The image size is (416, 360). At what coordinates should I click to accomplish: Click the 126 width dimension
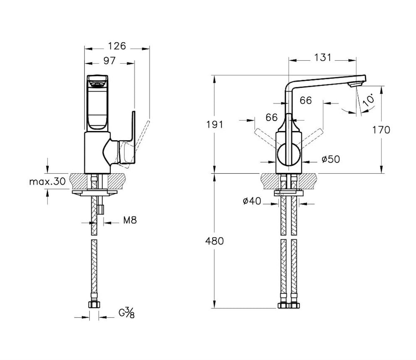pyautogui.click(x=117, y=46)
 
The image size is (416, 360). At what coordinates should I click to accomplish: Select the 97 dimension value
pyautogui.click(x=109, y=61)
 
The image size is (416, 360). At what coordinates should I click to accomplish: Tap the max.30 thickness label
pyautogui.click(x=47, y=182)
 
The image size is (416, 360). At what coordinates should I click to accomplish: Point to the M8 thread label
pyautogui.click(x=130, y=220)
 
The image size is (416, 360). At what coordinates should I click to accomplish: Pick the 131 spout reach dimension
pyautogui.click(x=323, y=57)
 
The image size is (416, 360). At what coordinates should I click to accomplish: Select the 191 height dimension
pyautogui.click(x=215, y=124)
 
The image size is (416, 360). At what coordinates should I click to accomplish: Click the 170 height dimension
pyautogui.click(x=381, y=130)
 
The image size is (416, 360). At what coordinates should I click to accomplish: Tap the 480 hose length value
pyautogui.click(x=214, y=241)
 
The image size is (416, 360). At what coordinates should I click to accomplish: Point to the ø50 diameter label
pyautogui.click(x=331, y=159)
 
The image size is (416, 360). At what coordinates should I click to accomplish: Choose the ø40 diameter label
pyautogui.click(x=252, y=201)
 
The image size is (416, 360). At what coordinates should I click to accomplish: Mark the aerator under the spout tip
pyautogui.click(x=354, y=84)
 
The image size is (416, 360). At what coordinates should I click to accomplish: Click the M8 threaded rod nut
pyautogui.click(x=100, y=209)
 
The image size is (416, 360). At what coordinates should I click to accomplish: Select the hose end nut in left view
pyautogui.click(x=94, y=304)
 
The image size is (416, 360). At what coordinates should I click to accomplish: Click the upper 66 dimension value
pyautogui.click(x=306, y=100)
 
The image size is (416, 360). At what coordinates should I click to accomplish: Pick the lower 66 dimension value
pyautogui.click(x=271, y=118)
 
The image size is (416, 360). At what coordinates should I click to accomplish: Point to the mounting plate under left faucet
pyautogui.click(x=94, y=192)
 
